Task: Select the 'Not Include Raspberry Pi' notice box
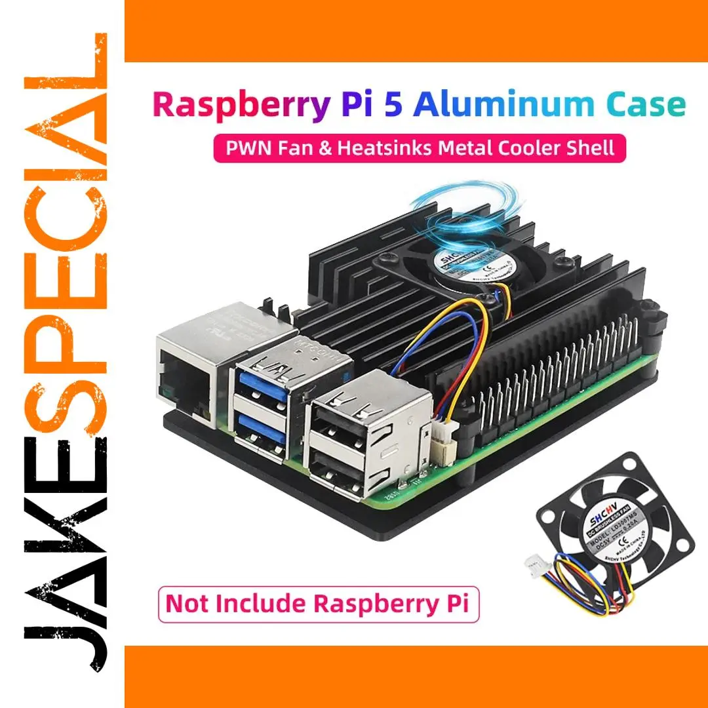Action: (318, 602)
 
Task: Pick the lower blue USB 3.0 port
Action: (264, 429)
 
